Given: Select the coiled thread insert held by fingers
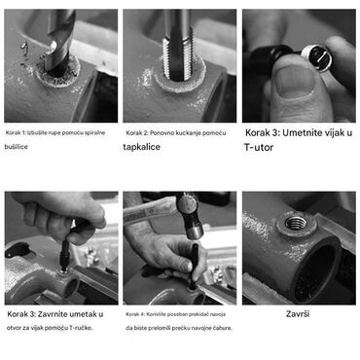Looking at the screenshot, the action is click(x=316, y=57).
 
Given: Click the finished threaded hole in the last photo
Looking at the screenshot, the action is click(x=296, y=223).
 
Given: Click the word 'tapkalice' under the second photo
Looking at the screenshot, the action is click(x=142, y=147).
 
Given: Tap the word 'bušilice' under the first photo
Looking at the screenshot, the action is click(x=17, y=147).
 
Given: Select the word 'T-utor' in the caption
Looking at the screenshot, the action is click(x=259, y=147).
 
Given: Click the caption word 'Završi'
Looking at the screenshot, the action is click(x=298, y=313).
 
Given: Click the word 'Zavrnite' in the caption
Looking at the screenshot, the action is click(x=54, y=314).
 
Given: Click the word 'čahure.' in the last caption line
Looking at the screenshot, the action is click(x=223, y=328).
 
